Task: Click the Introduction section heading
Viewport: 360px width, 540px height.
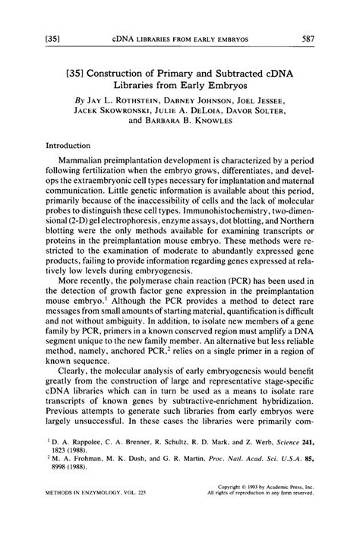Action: point(70,145)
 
